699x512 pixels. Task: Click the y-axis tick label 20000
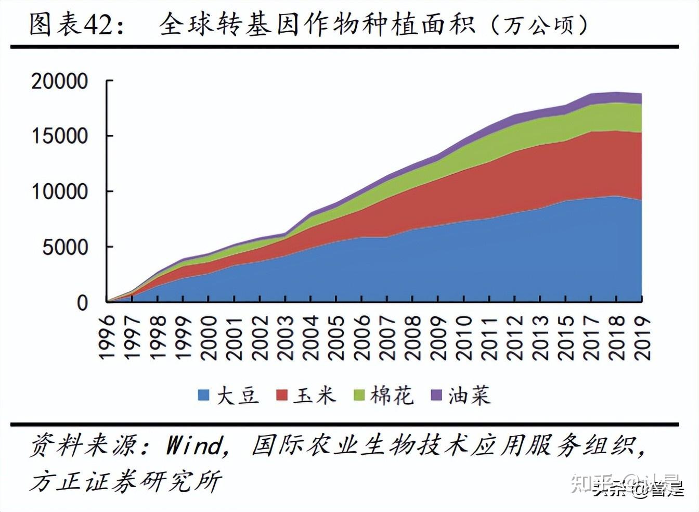pyautogui.click(x=60, y=81)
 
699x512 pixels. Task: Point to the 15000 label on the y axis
pyautogui.click(x=60, y=136)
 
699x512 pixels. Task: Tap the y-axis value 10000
pyautogui.click(x=60, y=192)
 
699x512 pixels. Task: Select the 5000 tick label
pyautogui.click(x=65, y=247)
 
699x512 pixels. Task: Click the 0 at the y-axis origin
pyautogui.click(x=82, y=303)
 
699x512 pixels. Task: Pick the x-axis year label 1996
pyautogui.click(x=107, y=337)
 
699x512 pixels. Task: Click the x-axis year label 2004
pyautogui.click(x=310, y=337)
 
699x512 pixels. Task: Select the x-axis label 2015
pyautogui.click(x=566, y=337)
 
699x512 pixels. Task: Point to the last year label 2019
pyautogui.click(x=643, y=337)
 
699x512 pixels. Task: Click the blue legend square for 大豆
pyautogui.click(x=204, y=395)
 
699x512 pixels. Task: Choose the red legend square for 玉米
pyautogui.click(x=281, y=395)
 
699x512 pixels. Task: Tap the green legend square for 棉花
pyautogui.click(x=359, y=395)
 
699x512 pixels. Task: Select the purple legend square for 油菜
pyautogui.click(x=436, y=395)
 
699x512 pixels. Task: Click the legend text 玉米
pyautogui.click(x=314, y=395)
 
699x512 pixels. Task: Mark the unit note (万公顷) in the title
pyautogui.click(x=539, y=24)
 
